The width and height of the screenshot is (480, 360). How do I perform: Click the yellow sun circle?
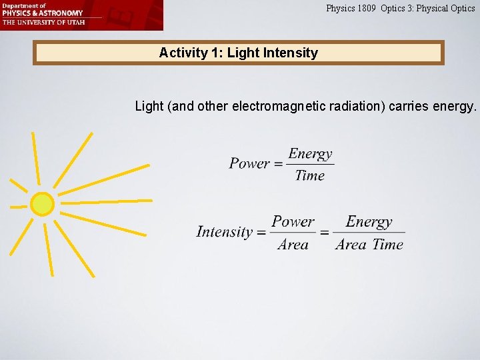point(42,204)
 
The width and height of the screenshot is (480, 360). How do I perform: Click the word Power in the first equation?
point(249,163)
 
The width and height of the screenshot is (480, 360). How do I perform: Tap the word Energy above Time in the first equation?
point(310,153)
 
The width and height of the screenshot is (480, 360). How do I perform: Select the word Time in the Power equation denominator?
point(309,175)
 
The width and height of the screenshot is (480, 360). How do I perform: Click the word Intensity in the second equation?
point(225,232)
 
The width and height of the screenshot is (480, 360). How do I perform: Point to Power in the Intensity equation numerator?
point(293,221)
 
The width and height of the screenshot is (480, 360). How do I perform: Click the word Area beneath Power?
point(293,244)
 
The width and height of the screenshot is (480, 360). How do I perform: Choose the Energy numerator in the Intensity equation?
point(369,221)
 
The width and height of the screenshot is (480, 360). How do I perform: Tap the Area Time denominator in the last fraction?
point(369,244)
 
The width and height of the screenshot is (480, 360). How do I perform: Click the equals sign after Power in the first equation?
point(279,164)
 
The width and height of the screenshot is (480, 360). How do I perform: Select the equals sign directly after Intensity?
point(261,233)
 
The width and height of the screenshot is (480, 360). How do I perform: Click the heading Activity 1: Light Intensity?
point(238,53)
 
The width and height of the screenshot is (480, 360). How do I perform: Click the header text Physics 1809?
point(351,9)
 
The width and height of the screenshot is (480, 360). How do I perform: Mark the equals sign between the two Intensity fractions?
point(324,233)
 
